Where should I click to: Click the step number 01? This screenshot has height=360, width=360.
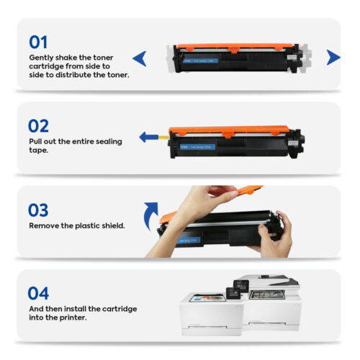point(40,41)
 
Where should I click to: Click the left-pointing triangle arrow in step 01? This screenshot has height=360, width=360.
point(140,57)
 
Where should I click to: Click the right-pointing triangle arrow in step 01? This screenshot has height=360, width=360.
point(333,57)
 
